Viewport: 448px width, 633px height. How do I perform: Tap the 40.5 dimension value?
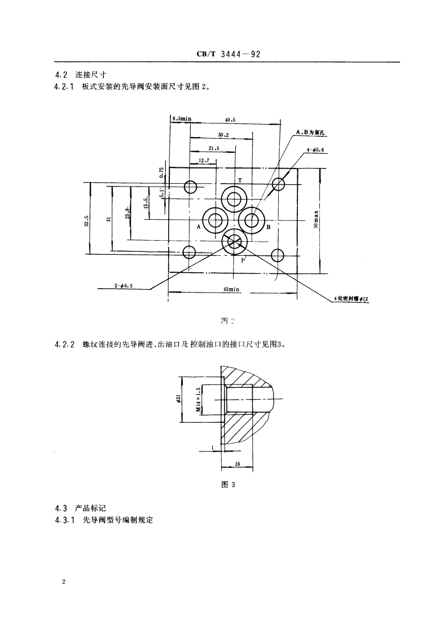click(x=230, y=119)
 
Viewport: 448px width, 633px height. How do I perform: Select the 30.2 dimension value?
click(x=223, y=135)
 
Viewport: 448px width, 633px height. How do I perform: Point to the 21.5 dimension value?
click(x=213, y=149)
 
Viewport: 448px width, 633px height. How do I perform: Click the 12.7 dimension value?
click(x=205, y=161)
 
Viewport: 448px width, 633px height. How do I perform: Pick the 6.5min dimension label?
click(x=182, y=118)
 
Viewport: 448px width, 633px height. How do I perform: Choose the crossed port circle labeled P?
click(x=233, y=242)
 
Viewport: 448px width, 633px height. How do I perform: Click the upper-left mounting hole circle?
click(x=190, y=187)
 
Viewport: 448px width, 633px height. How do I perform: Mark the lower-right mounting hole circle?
click(x=277, y=255)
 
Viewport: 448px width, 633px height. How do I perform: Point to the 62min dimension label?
click(x=231, y=289)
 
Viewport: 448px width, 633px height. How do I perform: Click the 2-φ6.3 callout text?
click(x=122, y=286)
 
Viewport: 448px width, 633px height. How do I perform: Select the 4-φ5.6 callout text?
click(x=315, y=150)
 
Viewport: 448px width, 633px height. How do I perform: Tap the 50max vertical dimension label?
click(x=317, y=219)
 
